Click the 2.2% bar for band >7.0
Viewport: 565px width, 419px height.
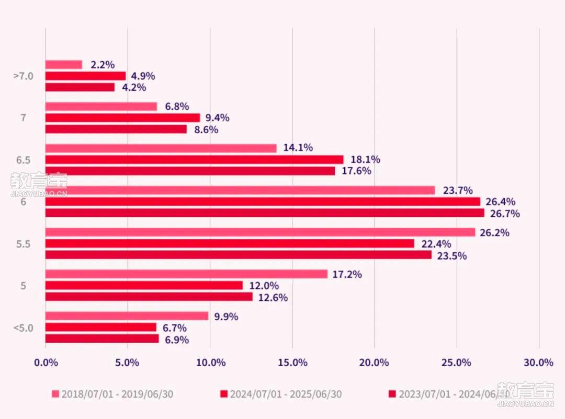tap(64, 65)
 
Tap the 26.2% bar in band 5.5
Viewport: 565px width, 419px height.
tap(260, 232)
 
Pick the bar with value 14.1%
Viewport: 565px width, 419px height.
tap(161, 148)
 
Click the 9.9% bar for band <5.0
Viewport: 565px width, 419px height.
tap(127, 316)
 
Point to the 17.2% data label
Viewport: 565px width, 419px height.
tap(347, 274)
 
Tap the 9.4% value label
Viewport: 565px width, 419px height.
tap(217, 118)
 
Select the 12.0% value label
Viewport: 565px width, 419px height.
tap(264, 286)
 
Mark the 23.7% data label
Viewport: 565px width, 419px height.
tap(458, 191)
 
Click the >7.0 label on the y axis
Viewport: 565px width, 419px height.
tap(23, 76)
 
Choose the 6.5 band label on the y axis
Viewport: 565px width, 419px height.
tap(23, 160)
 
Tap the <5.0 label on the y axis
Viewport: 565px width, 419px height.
tap(23, 328)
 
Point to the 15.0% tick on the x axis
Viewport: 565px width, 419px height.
tap(292, 363)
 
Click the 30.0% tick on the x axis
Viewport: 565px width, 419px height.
tap(538, 363)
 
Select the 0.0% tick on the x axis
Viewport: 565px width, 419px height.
tap(46, 363)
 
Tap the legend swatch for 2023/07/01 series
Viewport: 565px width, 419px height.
tap(392, 394)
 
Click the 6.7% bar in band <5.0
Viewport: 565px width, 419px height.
tap(100, 328)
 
